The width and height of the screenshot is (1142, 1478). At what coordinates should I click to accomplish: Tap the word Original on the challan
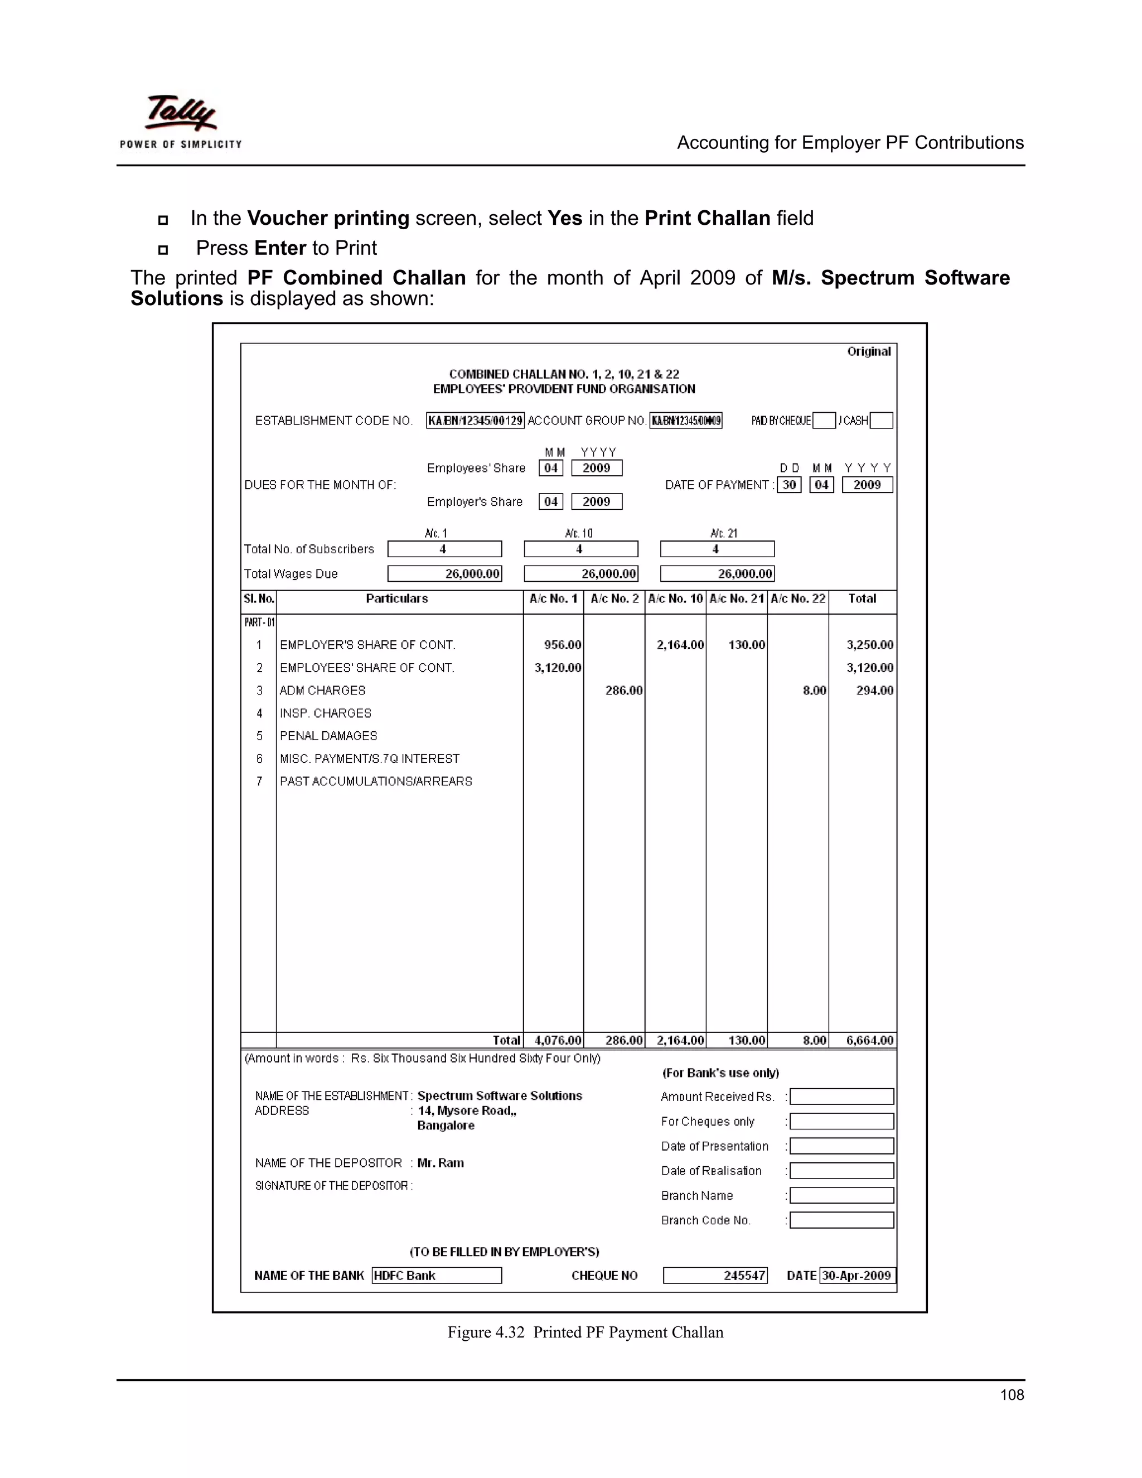(869, 351)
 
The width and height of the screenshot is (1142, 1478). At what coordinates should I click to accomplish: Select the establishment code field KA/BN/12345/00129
(475, 421)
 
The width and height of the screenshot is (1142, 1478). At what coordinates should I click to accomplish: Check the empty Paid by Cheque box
(824, 421)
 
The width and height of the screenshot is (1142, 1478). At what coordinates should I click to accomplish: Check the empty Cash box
(881, 421)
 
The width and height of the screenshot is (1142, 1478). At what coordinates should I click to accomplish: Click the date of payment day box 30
(789, 485)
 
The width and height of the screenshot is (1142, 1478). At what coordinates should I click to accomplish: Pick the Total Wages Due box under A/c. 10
(581, 574)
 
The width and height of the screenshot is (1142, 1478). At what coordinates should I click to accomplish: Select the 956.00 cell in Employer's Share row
(562, 645)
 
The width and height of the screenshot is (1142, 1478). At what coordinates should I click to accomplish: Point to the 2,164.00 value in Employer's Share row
(680, 645)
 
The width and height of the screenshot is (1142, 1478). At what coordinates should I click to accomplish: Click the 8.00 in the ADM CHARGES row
(814, 690)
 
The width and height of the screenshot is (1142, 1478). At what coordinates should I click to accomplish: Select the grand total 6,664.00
(869, 1040)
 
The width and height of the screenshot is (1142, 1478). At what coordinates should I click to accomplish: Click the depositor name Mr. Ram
(441, 1163)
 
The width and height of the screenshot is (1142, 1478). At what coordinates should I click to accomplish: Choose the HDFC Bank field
(437, 1275)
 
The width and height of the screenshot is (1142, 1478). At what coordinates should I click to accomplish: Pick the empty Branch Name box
(841, 1195)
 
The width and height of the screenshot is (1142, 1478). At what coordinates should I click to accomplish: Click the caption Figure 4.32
(486, 1332)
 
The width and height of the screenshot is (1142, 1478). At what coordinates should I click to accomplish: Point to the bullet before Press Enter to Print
(162, 250)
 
